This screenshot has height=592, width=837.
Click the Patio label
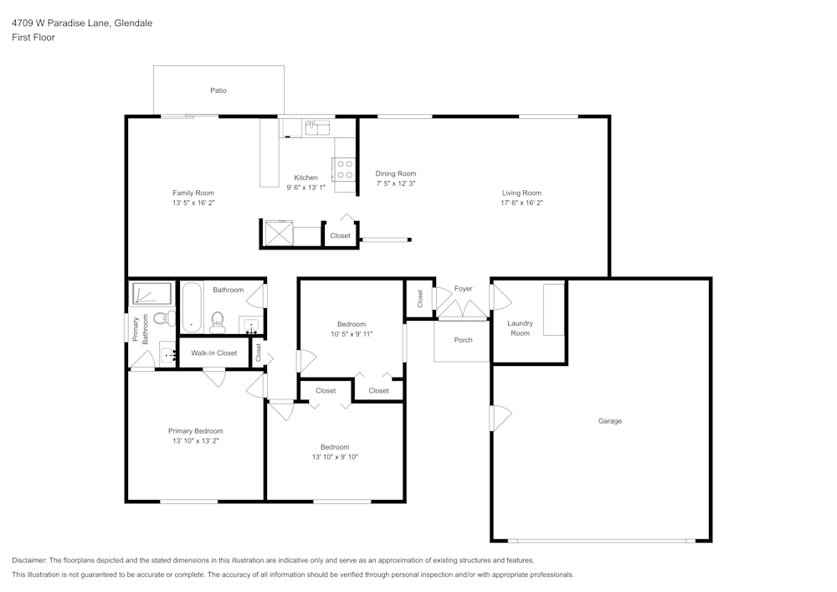coord(218,90)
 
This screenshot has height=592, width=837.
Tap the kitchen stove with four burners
coord(345,169)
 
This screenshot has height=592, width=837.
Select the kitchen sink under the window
coord(317,128)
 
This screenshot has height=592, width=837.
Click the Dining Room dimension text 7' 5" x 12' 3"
coord(396,183)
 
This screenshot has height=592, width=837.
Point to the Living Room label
coord(521,193)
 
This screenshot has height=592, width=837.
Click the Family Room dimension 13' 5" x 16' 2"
coord(193,203)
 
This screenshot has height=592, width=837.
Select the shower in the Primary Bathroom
coord(152,294)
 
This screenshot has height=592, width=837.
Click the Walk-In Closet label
coord(213,353)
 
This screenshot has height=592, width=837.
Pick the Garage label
coord(609,421)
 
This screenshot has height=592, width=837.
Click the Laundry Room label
coord(520,328)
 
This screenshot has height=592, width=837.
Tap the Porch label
coord(463,340)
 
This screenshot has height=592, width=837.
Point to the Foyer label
coord(463,289)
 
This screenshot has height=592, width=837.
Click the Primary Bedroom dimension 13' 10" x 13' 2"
coord(195,440)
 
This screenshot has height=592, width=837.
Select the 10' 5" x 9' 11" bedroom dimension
coord(351,334)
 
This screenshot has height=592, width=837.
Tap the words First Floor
coord(33,38)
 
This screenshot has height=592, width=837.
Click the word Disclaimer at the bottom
coord(30,560)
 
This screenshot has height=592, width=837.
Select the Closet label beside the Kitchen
coord(340,236)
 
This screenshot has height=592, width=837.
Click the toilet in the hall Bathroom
coord(218,320)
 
